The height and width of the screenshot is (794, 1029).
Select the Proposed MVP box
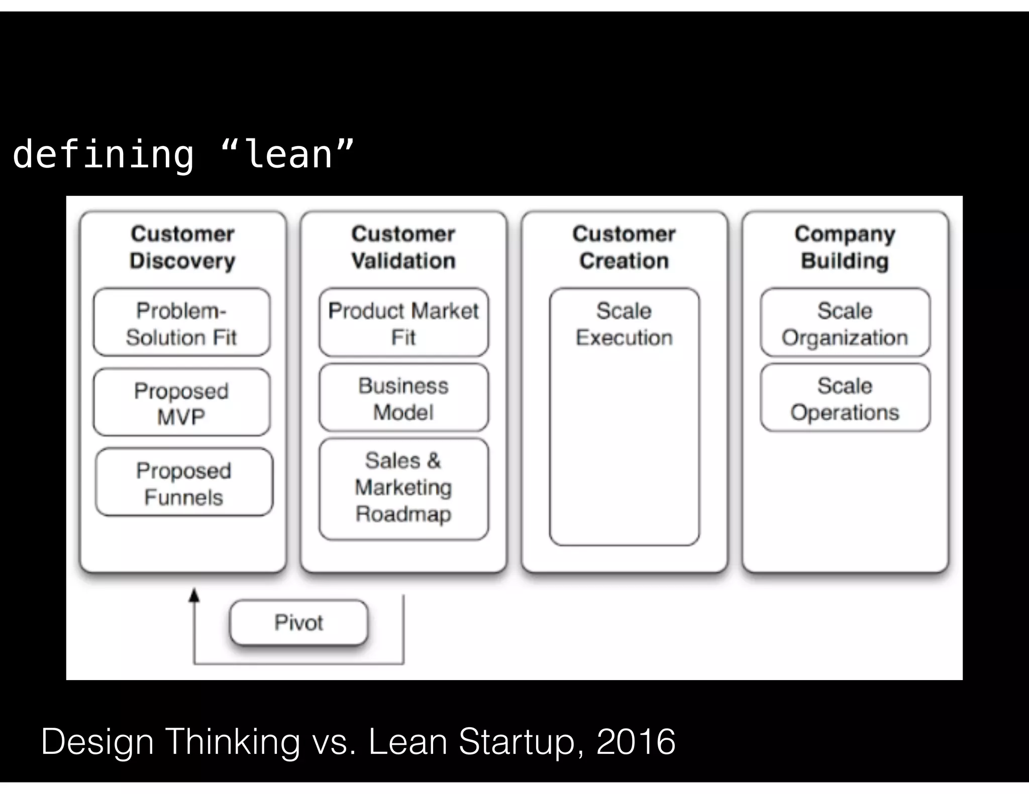tap(181, 403)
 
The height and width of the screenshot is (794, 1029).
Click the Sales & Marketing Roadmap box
tap(403, 488)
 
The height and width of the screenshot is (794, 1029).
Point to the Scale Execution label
tap(624, 324)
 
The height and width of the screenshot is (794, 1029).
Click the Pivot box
tap(298, 622)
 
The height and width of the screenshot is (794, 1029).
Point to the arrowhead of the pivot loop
tap(194, 595)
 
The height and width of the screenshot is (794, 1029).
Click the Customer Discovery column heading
tap(182, 247)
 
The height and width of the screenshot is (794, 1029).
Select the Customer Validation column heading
tap(403, 247)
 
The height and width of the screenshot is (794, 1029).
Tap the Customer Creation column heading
tap(624, 247)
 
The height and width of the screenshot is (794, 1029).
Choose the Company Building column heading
tap(845, 247)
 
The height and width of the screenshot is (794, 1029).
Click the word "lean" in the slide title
tap(288, 154)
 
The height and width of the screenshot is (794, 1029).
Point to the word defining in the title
tap(103, 155)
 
